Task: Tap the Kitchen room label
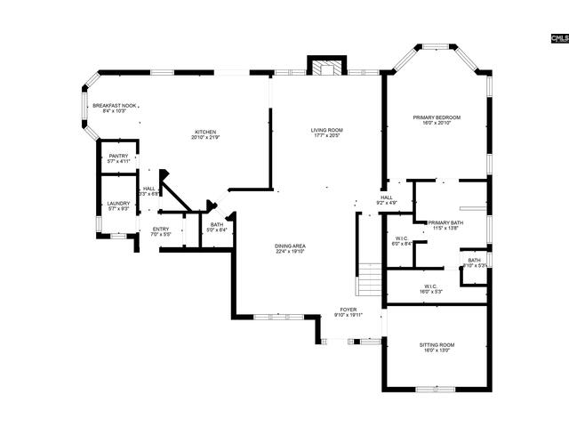206,134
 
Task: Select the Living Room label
326,133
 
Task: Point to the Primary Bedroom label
436,120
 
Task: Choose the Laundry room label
118,205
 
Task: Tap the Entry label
161,231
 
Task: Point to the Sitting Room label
436,347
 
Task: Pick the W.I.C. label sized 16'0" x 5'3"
430,289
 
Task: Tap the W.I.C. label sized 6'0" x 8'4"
403,240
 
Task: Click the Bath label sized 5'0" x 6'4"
218,227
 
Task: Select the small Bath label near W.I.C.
474,262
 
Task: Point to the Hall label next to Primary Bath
387,200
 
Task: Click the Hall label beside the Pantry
149,191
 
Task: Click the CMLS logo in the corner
558,37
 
